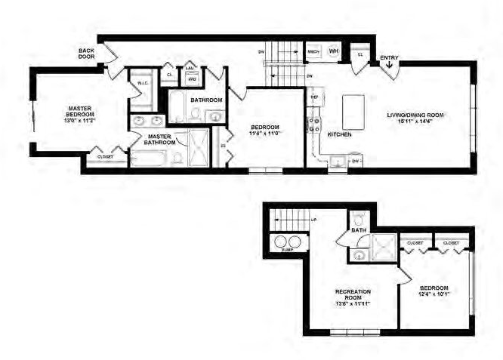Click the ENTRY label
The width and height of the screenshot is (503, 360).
pos(390,57)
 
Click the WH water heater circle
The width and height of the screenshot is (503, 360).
pos(334,51)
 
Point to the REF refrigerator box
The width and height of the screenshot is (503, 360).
pos(314,98)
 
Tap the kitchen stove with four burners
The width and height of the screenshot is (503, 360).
pos(313,122)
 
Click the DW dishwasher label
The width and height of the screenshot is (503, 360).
pos(354,161)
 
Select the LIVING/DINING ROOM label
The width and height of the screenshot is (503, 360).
pos(415,115)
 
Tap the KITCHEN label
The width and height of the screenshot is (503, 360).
pos(339,134)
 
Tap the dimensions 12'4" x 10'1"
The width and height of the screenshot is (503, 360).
pos(435,295)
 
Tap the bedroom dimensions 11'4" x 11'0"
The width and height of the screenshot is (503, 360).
pos(266,133)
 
